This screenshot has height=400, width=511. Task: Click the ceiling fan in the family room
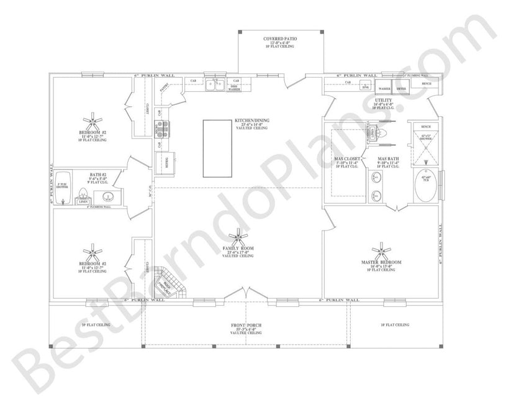pos(238,235)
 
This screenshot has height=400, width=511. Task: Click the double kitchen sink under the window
pos(215,86)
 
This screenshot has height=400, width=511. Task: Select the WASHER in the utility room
pos(384,89)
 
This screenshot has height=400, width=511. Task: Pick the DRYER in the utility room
pos(402,89)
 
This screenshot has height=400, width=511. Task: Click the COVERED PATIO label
pos(280,39)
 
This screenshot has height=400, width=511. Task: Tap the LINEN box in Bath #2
pos(82,201)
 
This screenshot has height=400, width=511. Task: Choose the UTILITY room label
pos(383,99)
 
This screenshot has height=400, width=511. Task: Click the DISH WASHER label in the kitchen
pos(234,88)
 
